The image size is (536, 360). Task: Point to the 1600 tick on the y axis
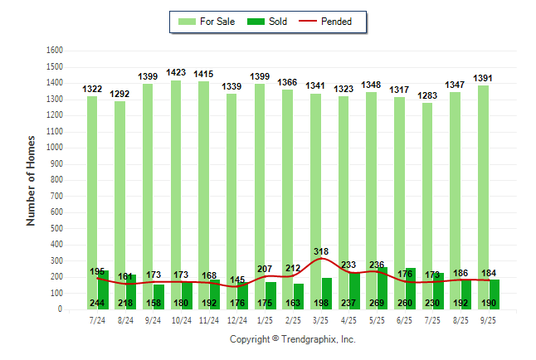(55, 50)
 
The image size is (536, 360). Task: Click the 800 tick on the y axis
(57, 179)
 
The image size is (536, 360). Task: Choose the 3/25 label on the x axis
(320, 320)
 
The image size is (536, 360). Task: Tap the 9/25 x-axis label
(489, 320)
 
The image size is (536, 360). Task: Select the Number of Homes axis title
(31, 179)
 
